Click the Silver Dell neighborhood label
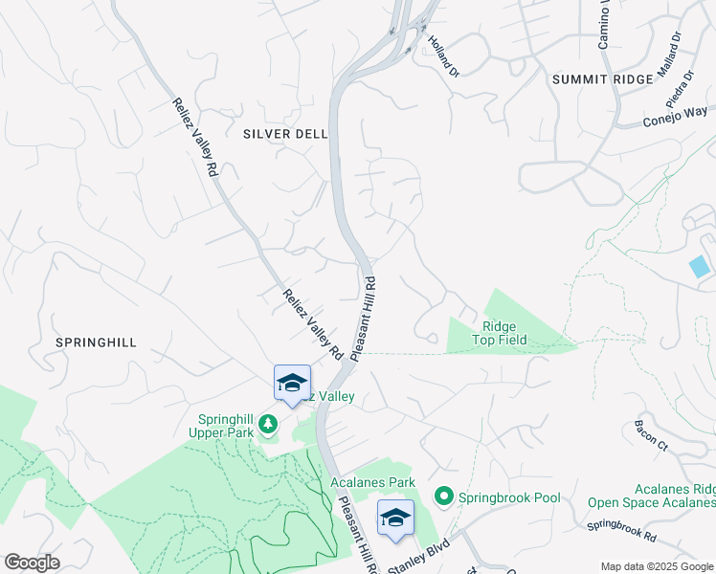pyautogui.click(x=285, y=134)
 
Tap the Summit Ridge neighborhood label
pyautogui.click(x=601, y=79)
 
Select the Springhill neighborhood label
pyautogui.click(x=96, y=342)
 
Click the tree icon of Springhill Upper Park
pyautogui.click(x=269, y=423)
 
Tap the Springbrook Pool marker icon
pyautogui.click(x=443, y=497)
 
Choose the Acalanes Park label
pyautogui.click(x=372, y=483)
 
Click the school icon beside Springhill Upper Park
pyautogui.click(x=292, y=384)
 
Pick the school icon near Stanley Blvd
pyautogui.click(x=395, y=518)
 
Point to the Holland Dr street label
pyautogui.click(x=443, y=56)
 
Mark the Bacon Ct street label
pyautogui.click(x=651, y=433)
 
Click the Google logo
pyautogui.click(x=32, y=563)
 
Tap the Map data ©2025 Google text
pyautogui.click(x=656, y=566)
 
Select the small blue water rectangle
pyautogui.click(x=700, y=267)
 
